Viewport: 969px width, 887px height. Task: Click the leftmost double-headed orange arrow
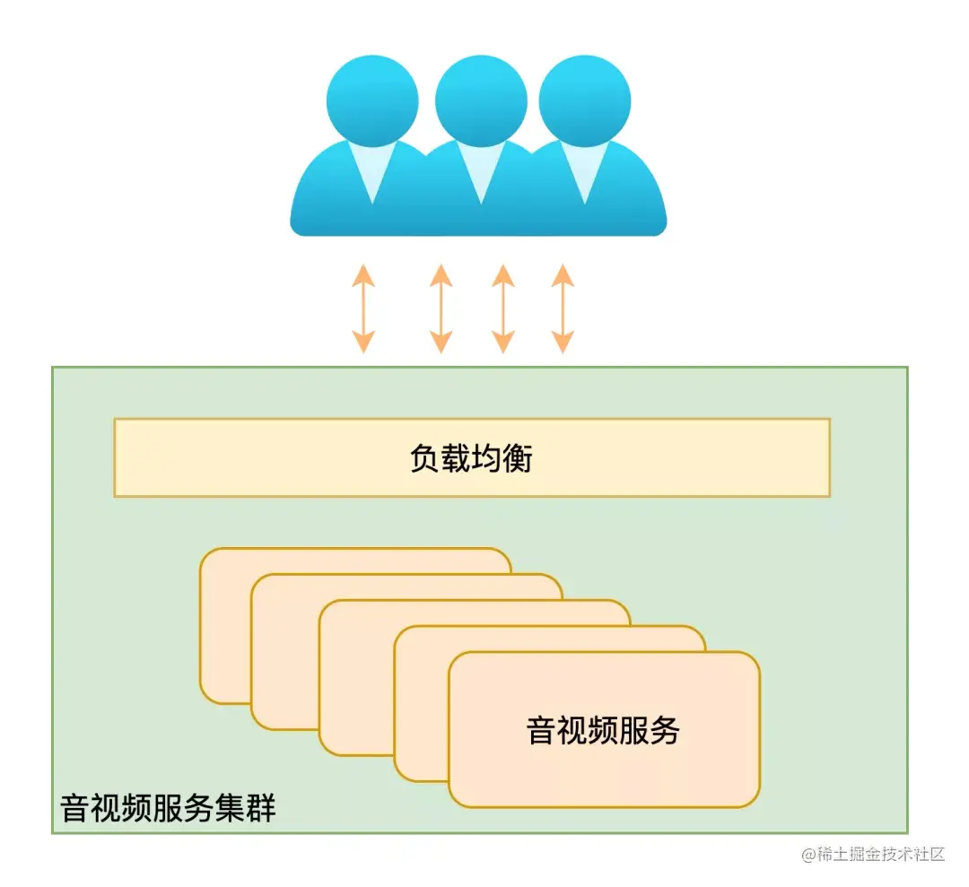point(363,309)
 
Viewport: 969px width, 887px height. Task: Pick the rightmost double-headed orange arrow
point(563,309)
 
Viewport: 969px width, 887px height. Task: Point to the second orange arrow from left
point(441,309)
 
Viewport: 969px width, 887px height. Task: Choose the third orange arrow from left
point(503,309)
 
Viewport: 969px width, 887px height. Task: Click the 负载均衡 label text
point(472,458)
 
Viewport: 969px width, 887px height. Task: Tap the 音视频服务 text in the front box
point(603,730)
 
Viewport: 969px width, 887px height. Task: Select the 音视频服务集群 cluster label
point(168,808)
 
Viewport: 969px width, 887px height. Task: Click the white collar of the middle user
point(481,170)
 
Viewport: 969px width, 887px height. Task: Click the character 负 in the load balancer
point(425,458)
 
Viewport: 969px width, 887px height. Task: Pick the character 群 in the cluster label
point(261,808)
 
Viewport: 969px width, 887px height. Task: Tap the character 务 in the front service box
point(665,730)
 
